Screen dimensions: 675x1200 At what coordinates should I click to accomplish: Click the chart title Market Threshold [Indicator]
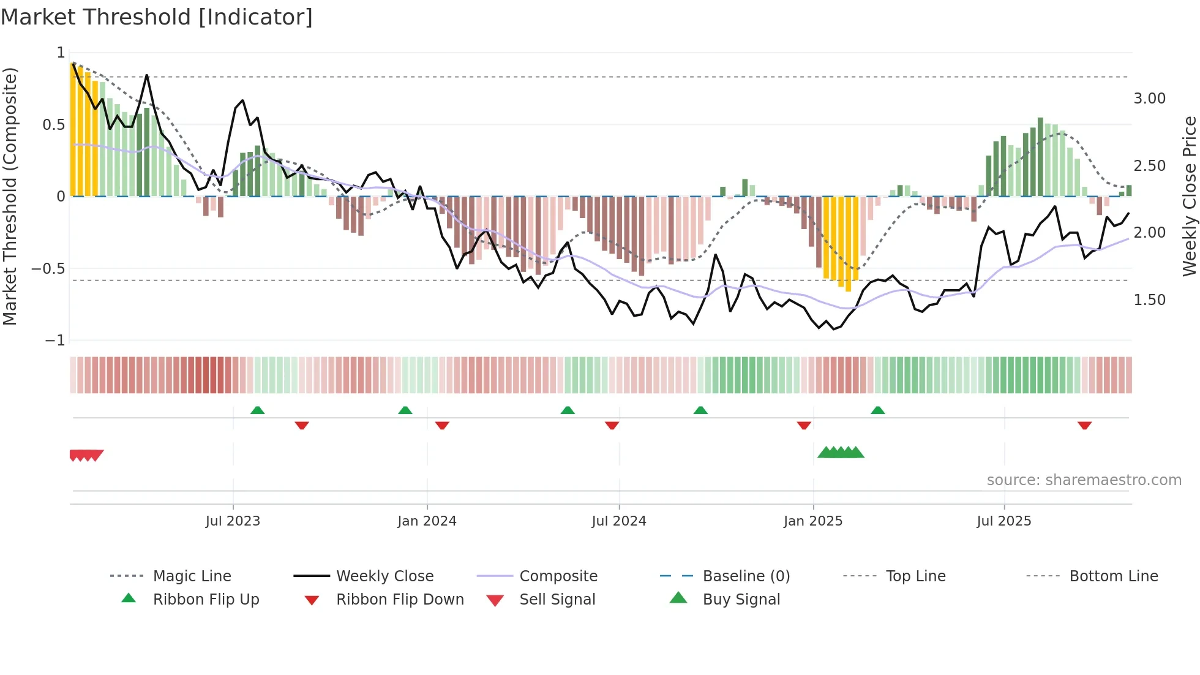157,17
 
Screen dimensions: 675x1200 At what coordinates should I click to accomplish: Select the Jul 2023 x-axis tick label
233,521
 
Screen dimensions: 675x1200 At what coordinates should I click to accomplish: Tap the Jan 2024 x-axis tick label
427,521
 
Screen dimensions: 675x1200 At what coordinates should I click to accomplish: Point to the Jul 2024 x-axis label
619,521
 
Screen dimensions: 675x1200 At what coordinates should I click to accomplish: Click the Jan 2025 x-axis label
813,521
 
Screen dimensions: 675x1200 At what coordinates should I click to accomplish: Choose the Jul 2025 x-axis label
1004,521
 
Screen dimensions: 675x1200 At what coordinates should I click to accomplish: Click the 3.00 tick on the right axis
1149,99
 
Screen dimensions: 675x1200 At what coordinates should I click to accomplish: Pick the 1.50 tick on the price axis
1149,300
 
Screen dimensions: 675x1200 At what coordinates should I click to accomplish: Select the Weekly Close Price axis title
1189,196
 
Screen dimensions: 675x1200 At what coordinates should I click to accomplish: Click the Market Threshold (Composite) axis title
10,196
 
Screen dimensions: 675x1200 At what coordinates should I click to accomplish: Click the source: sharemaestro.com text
1084,480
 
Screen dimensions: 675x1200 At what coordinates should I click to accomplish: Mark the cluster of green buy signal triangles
841,453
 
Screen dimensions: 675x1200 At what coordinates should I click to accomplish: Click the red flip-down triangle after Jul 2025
1084,425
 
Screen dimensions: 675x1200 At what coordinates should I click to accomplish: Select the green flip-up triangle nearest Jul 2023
257,410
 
